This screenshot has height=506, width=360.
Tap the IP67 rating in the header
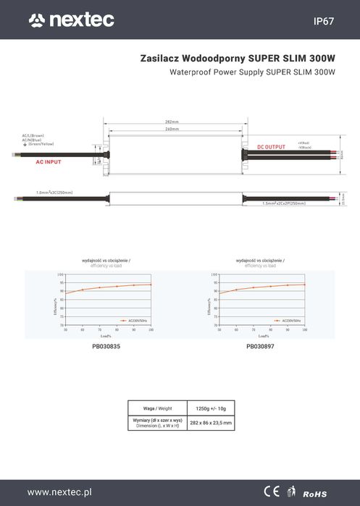[x=323, y=22]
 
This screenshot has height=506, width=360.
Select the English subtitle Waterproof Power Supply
[x=252, y=73]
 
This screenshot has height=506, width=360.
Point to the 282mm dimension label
[x=172, y=122]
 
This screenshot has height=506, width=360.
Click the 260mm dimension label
[x=172, y=129]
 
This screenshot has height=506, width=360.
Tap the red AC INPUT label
[x=49, y=162]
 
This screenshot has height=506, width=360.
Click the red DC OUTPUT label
[x=271, y=147]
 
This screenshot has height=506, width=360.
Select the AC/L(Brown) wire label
[x=33, y=135]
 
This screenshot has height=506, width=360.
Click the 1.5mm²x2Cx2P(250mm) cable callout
[x=284, y=203]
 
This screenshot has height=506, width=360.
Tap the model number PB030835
[x=106, y=346]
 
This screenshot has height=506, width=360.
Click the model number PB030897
[x=260, y=346]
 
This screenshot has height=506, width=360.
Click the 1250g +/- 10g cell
[x=210, y=408]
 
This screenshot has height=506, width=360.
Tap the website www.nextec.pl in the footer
[x=60, y=492]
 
